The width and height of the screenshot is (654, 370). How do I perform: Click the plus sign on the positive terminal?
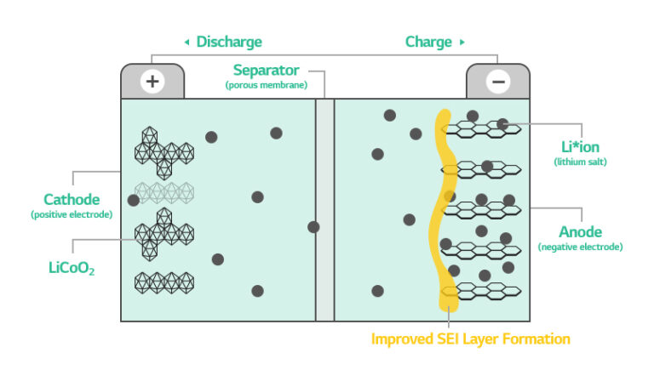click(152, 82)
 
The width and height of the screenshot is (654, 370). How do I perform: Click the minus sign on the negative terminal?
click(497, 82)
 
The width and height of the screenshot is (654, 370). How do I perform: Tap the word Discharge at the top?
click(229, 42)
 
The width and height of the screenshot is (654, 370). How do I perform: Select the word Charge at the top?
click(428, 42)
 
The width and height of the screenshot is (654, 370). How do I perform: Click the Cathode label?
click(72, 199)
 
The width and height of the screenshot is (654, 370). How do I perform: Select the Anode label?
click(580, 231)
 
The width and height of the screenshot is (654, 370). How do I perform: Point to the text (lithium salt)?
click(580, 161)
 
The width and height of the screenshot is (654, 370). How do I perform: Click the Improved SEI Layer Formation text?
click(470, 339)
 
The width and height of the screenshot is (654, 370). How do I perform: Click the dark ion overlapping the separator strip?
click(314, 226)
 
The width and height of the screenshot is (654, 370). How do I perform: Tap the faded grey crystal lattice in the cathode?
click(164, 193)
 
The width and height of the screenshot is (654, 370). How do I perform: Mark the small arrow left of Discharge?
click(186, 42)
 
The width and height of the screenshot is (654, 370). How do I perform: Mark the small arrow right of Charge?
click(462, 42)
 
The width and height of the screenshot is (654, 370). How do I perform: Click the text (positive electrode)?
click(72, 214)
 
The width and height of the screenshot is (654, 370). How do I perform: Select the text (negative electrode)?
click(580, 247)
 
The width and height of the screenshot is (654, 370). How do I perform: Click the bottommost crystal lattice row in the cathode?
click(164, 282)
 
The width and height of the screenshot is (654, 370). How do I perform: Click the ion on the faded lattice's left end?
click(134, 200)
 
